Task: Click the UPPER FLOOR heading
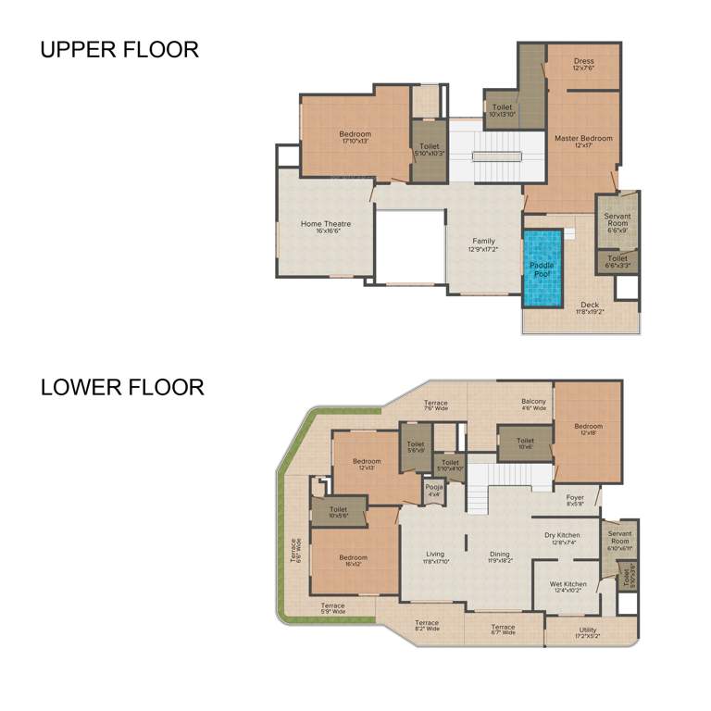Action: (118, 49)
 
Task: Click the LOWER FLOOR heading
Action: (121, 387)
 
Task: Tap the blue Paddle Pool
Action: (542, 268)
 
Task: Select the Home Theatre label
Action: (325, 224)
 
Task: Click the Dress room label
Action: (582, 64)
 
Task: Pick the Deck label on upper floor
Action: (589, 305)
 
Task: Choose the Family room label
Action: (483, 242)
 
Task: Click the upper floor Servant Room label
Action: (617, 220)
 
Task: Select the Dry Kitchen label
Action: (562, 535)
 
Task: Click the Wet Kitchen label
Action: (568, 584)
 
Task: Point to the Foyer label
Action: (575, 498)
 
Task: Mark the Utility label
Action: (588, 630)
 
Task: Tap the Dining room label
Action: (499, 555)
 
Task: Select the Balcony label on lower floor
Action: (533, 402)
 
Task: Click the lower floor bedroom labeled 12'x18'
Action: (588, 428)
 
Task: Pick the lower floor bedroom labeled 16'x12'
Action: (353, 558)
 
